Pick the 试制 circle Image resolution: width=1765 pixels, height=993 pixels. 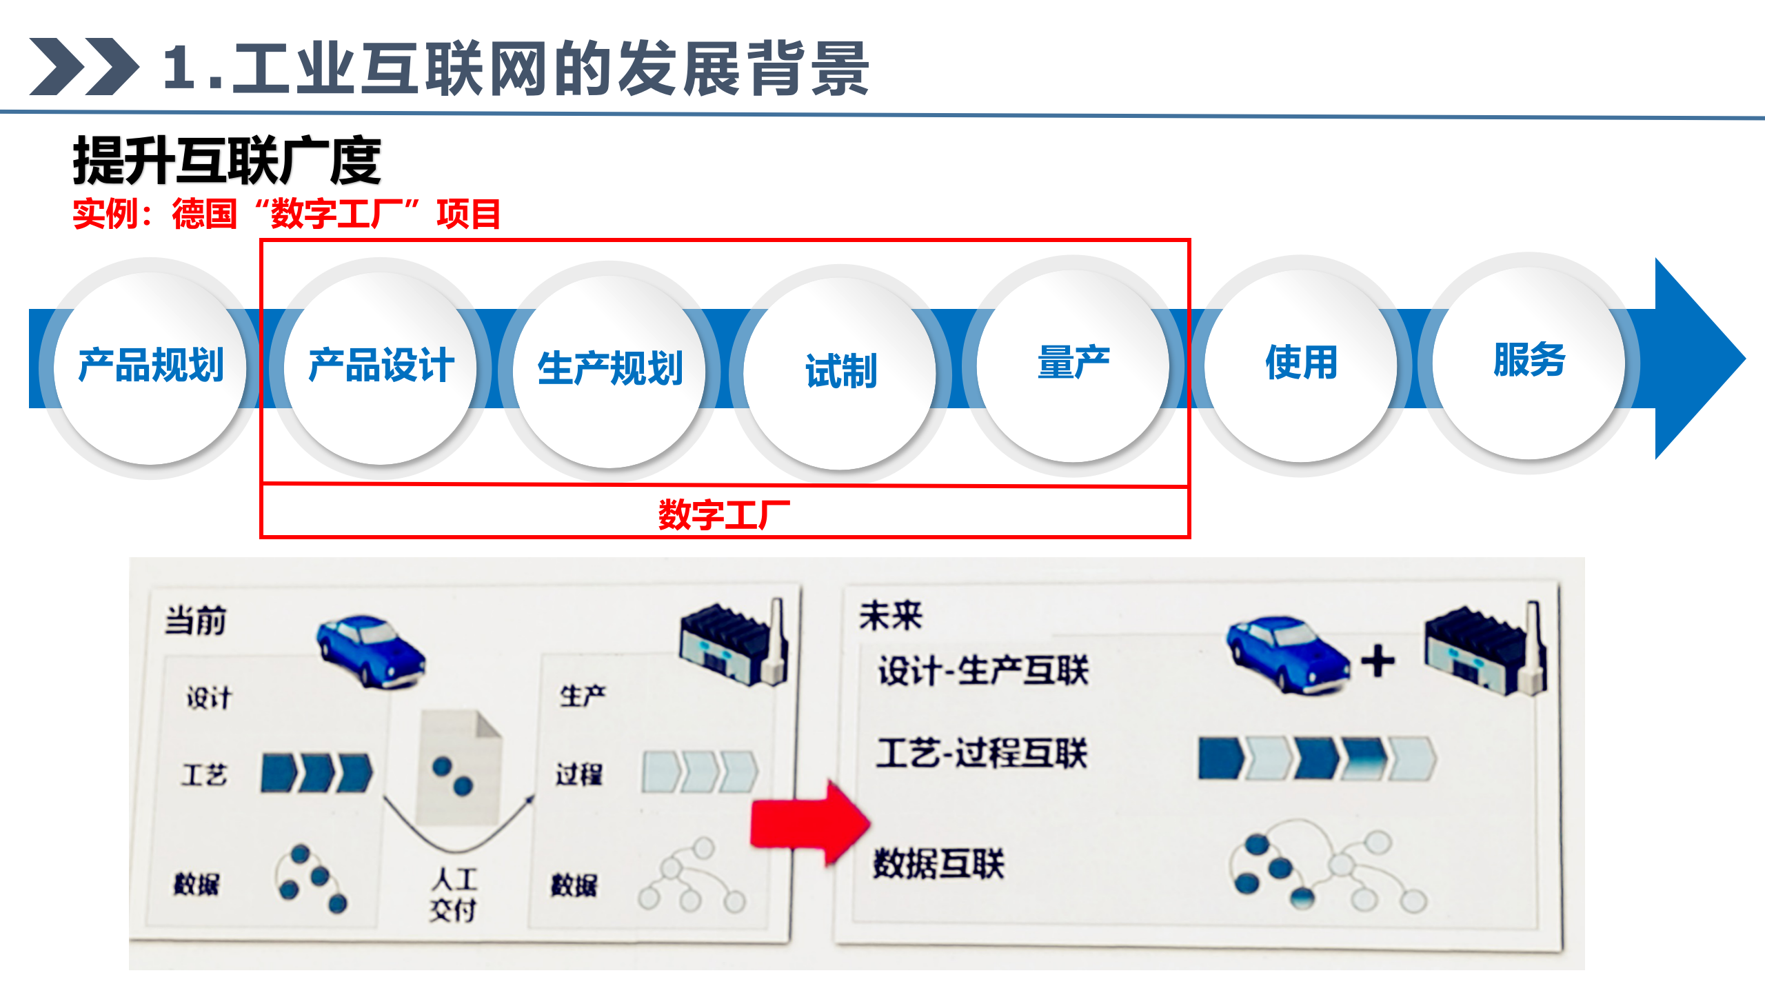tap(840, 372)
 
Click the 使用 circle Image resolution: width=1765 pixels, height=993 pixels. tap(1301, 363)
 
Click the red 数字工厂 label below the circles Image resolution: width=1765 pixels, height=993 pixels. tap(724, 514)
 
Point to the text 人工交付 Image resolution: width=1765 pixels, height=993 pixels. tap(454, 894)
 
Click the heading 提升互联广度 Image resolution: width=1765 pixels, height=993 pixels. tap(227, 161)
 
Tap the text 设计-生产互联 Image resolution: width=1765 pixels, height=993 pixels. tap(982, 670)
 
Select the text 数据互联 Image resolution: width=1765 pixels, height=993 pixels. tap(938, 863)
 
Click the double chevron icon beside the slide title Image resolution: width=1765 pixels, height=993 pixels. tap(83, 67)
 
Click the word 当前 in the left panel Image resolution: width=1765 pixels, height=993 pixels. tap(195, 620)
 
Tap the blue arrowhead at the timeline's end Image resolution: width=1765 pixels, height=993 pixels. tap(1696, 359)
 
